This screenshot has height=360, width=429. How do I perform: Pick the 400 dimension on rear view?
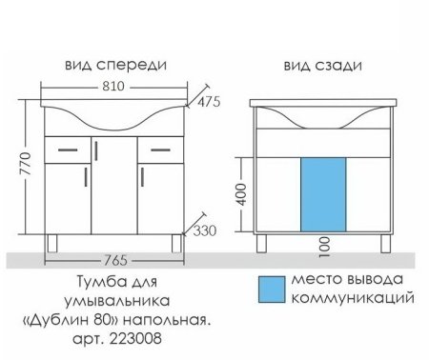click(244, 196)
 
